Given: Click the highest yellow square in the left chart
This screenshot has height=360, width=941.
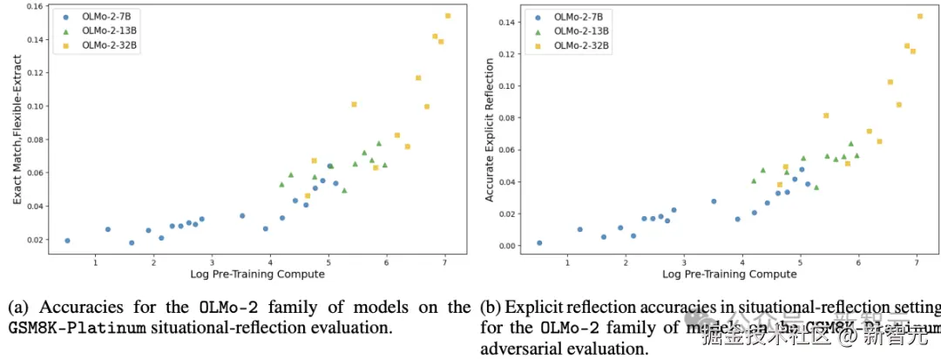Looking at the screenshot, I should tap(448, 16).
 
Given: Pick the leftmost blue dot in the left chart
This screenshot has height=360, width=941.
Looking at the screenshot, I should tap(67, 241).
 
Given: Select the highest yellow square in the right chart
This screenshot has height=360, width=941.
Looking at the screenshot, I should tap(920, 16).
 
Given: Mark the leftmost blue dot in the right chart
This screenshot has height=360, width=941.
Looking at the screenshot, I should tap(539, 243).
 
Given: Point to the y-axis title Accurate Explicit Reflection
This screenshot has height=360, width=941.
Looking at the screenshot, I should tap(490, 131).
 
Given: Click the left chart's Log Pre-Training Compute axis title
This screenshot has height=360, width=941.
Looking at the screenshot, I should tap(257, 275).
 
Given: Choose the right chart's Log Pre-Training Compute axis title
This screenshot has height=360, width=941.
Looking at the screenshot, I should tap(729, 275).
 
